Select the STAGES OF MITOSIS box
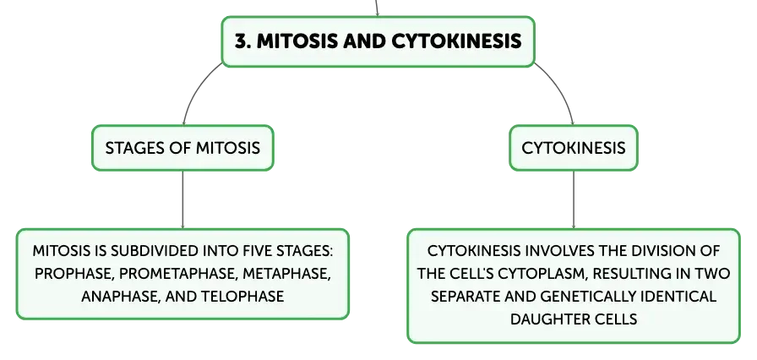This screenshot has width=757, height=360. click(x=183, y=148)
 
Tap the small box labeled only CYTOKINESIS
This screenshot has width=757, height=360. click(x=574, y=148)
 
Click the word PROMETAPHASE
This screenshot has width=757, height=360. click(x=178, y=274)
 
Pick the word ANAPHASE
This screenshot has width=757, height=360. click(x=120, y=297)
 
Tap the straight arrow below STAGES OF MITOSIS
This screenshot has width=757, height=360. click(x=183, y=199)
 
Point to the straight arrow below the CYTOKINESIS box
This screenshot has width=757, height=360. click(x=574, y=199)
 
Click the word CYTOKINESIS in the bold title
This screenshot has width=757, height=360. click(x=456, y=41)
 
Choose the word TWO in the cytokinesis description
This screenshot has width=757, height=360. click(x=715, y=274)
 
